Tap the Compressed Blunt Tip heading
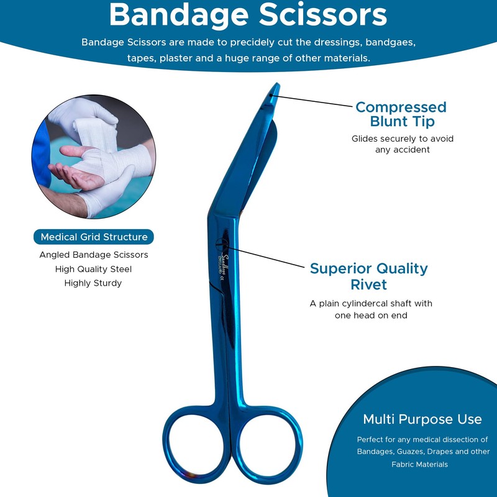pyautogui.click(x=401, y=114)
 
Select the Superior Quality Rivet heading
pyautogui.click(x=368, y=276)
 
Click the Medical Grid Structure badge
pyautogui.click(x=94, y=237)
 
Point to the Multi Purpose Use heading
pyautogui.click(x=422, y=419)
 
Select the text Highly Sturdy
pyautogui.click(x=93, y=283)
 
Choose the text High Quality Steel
pyautogui.click(x=93, y=269)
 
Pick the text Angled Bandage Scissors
pyautogui.click(x=93, y=255)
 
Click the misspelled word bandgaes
pyautogui.click(x=390, y=43)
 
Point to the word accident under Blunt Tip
pyautogui.click(x=411, y=150)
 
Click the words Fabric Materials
pyautogui.click(x=419, y=464)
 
